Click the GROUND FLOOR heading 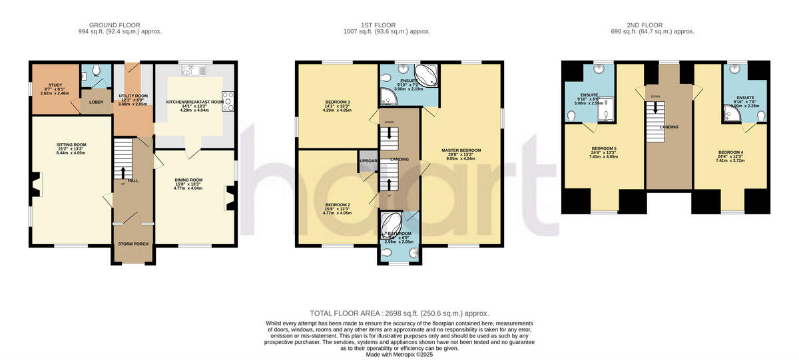click(120, 25)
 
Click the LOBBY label click(97, 102)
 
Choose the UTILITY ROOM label click(133, 96)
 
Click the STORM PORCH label click(133, 244)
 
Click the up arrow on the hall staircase click(123, 173)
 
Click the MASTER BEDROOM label click(461, 150)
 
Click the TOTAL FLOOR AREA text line click(400, 313)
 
